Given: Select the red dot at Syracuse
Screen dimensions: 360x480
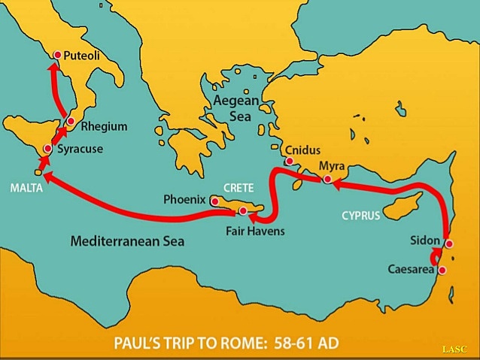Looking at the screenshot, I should pos(48,149).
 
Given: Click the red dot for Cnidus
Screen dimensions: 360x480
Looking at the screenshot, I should pos(288,161).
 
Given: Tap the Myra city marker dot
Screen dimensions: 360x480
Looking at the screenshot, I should pos(327,180).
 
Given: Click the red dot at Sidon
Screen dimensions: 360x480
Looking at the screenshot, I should pos(448,244).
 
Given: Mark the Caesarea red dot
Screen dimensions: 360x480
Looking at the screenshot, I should pos(442,270).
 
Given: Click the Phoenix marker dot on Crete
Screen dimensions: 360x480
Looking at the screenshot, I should pos(214,201).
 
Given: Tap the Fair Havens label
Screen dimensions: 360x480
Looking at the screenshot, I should pos(255,231).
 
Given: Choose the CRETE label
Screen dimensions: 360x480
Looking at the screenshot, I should pos(239,186).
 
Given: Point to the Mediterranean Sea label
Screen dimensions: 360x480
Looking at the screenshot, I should pos(127,242).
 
